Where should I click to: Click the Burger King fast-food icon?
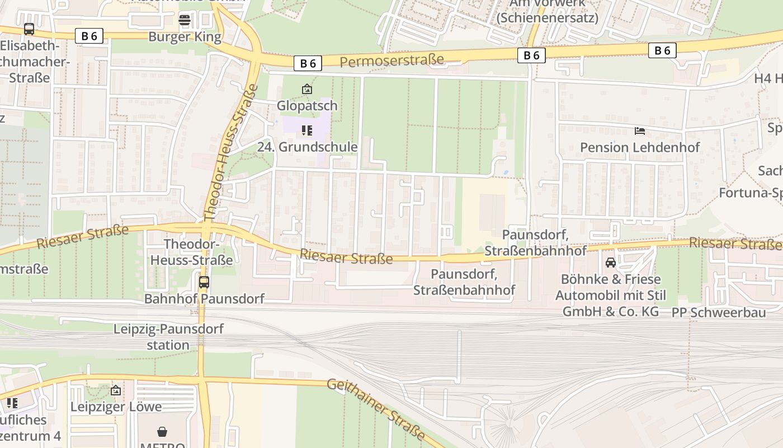click(185, 20)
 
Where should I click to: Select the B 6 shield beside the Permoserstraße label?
click(308, 63)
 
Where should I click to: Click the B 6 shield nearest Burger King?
click(89, 36)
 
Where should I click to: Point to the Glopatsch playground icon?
click(307, 89)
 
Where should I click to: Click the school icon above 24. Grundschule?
click(307, 130)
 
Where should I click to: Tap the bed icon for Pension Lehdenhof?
click(640, 131)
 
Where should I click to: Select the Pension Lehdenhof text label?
click(640, 147)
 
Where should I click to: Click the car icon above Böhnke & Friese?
click(611, 262)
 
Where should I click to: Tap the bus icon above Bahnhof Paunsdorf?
click(204, 282)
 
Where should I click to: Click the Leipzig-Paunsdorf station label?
click(168, 337)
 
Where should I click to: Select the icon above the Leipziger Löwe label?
click(116, 390)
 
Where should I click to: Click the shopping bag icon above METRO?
click(162, 432)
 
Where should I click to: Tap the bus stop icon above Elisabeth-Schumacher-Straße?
click(29, 29)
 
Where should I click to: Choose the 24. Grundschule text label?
click(307, 147)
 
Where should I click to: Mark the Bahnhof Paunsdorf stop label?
click(204, 298)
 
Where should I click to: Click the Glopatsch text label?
click(307, 105)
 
